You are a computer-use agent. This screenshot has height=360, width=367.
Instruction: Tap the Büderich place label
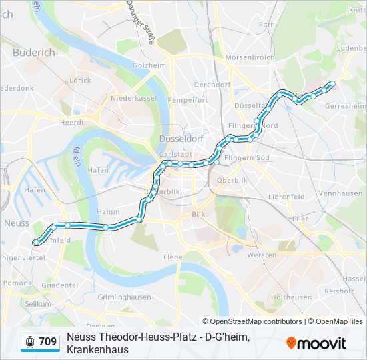pos(33,53)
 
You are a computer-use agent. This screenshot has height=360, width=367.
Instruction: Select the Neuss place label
pos(17,223)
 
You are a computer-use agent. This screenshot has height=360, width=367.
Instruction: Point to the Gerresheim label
pos(345,105)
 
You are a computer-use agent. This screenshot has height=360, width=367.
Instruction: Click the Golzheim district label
pos(149,65)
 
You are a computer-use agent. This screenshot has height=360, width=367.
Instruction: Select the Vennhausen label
pos(340,193)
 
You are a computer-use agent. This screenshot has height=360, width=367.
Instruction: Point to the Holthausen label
pos(292,297)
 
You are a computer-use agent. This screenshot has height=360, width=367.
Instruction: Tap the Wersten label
pos(262,255)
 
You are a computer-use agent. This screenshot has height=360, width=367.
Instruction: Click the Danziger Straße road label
pos(142,24)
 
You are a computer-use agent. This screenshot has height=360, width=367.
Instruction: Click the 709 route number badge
pos(47,342)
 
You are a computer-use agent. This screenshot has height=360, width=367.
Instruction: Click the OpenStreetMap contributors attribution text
pos(252,321)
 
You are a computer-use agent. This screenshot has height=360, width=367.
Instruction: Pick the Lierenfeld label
pos(286,197)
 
